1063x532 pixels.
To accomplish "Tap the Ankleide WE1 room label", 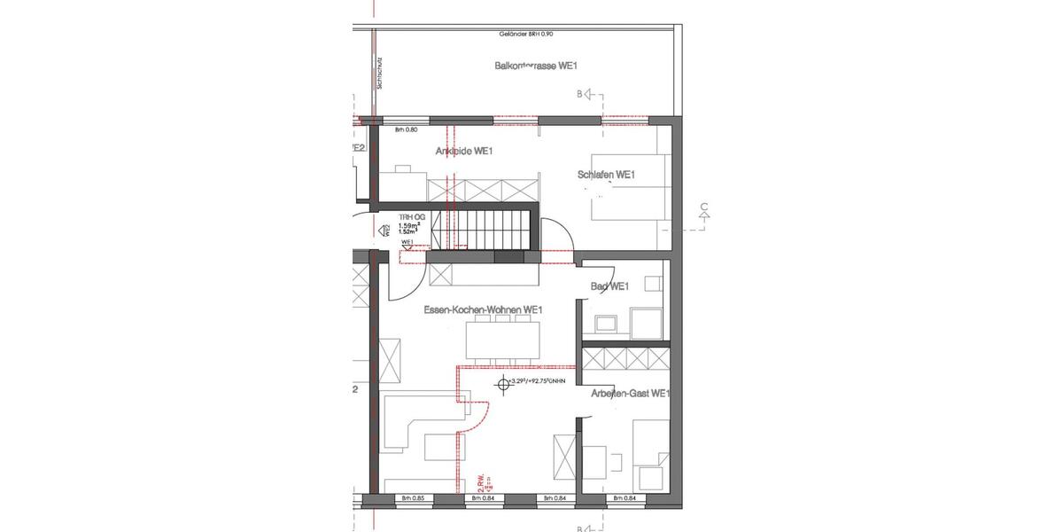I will (x=463, y=152).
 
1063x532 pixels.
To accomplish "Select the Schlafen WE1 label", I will (x=607, y=176).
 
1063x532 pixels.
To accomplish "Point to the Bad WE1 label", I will (x=609, y=286).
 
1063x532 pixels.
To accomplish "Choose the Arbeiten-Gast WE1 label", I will (x=630, y=394).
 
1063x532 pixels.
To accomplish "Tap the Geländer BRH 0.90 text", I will (x=524, y=35).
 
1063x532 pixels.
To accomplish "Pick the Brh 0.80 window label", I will (x=406, y=130).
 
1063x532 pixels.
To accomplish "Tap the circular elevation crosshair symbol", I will (x=503, y=383).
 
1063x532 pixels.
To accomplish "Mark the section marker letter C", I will (x=703, y=209).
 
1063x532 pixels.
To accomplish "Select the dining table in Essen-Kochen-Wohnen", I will (x=502, y=338).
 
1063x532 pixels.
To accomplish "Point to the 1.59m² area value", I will (x=409, y=225).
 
